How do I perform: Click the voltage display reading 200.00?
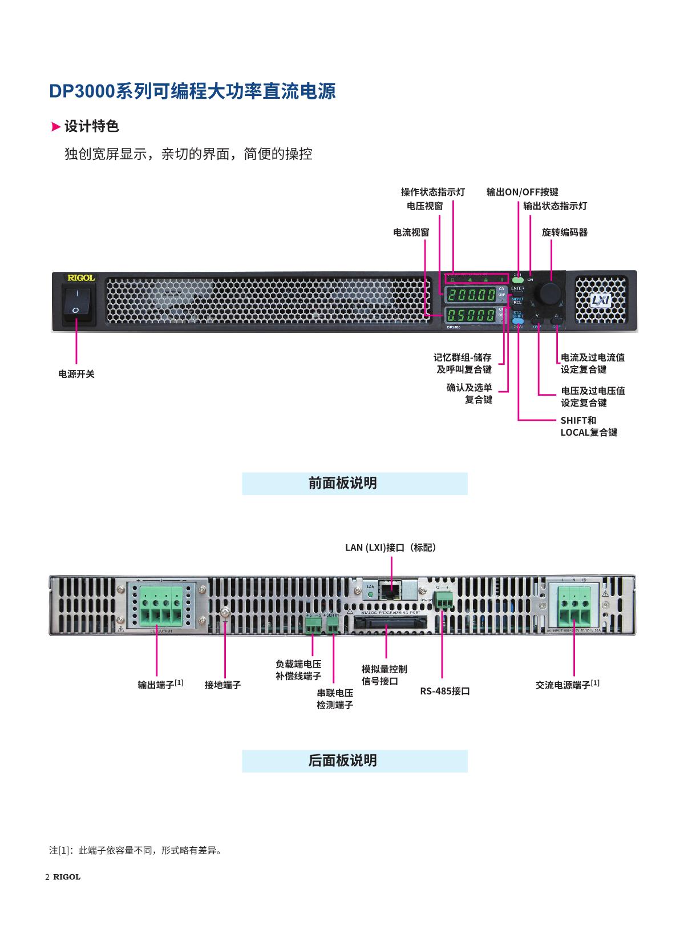[471, 295]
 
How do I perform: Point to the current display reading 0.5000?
[471, 315]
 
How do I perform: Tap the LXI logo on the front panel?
[601, 300]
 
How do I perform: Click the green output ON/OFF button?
[518, 280]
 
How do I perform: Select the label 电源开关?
[76, 374]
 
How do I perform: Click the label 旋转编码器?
[564, 232]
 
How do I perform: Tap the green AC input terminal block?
[573, 608]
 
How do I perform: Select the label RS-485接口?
[445, 691]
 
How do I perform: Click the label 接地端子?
[223, 685]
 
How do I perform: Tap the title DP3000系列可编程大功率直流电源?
[192, 91]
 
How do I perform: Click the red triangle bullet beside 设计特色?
[55, 127]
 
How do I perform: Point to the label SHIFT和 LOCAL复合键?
[589, 427]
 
